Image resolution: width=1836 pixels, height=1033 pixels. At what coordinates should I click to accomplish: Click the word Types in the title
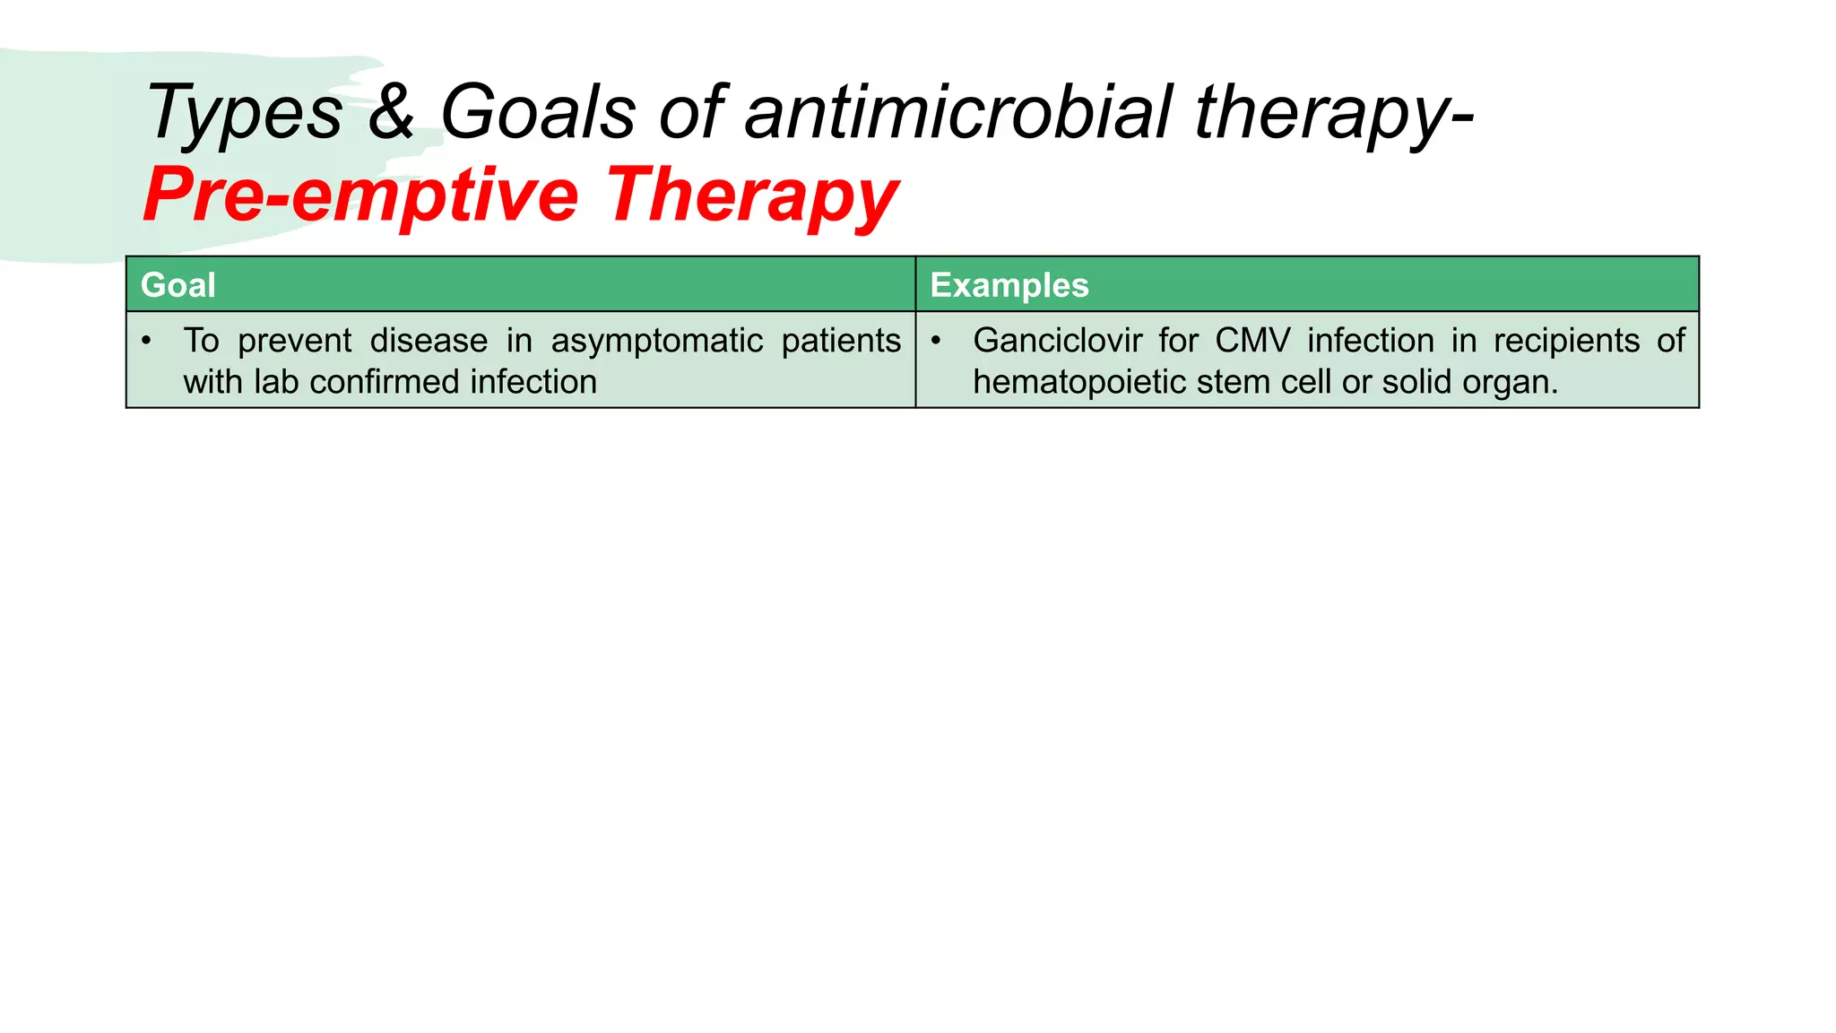point(245,113)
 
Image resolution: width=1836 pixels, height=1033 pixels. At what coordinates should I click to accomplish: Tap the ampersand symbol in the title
point(392,111)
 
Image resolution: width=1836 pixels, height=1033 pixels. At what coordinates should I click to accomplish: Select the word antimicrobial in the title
point(958,111)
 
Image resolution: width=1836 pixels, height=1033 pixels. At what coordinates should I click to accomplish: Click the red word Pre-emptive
point(361,196)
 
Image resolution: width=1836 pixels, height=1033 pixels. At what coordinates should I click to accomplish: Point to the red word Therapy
point(751,196)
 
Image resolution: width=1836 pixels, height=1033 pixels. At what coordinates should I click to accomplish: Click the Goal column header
point(178,285)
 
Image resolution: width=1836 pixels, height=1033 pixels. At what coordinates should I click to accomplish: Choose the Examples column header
point(1009,285)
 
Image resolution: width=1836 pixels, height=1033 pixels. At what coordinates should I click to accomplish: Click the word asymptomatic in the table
point(657,343)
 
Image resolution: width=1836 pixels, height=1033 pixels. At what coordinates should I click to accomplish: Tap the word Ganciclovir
point(1058,341)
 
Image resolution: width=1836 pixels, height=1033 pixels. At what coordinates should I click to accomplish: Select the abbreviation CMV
point(1252,341)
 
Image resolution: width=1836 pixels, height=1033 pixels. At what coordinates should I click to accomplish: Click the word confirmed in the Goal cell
point(385,382)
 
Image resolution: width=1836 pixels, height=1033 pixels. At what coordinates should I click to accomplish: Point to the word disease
point(429,341)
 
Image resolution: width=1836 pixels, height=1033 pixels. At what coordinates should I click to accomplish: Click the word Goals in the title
point(539,111)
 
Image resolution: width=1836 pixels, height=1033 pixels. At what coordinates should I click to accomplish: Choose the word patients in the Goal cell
point(841,343)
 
